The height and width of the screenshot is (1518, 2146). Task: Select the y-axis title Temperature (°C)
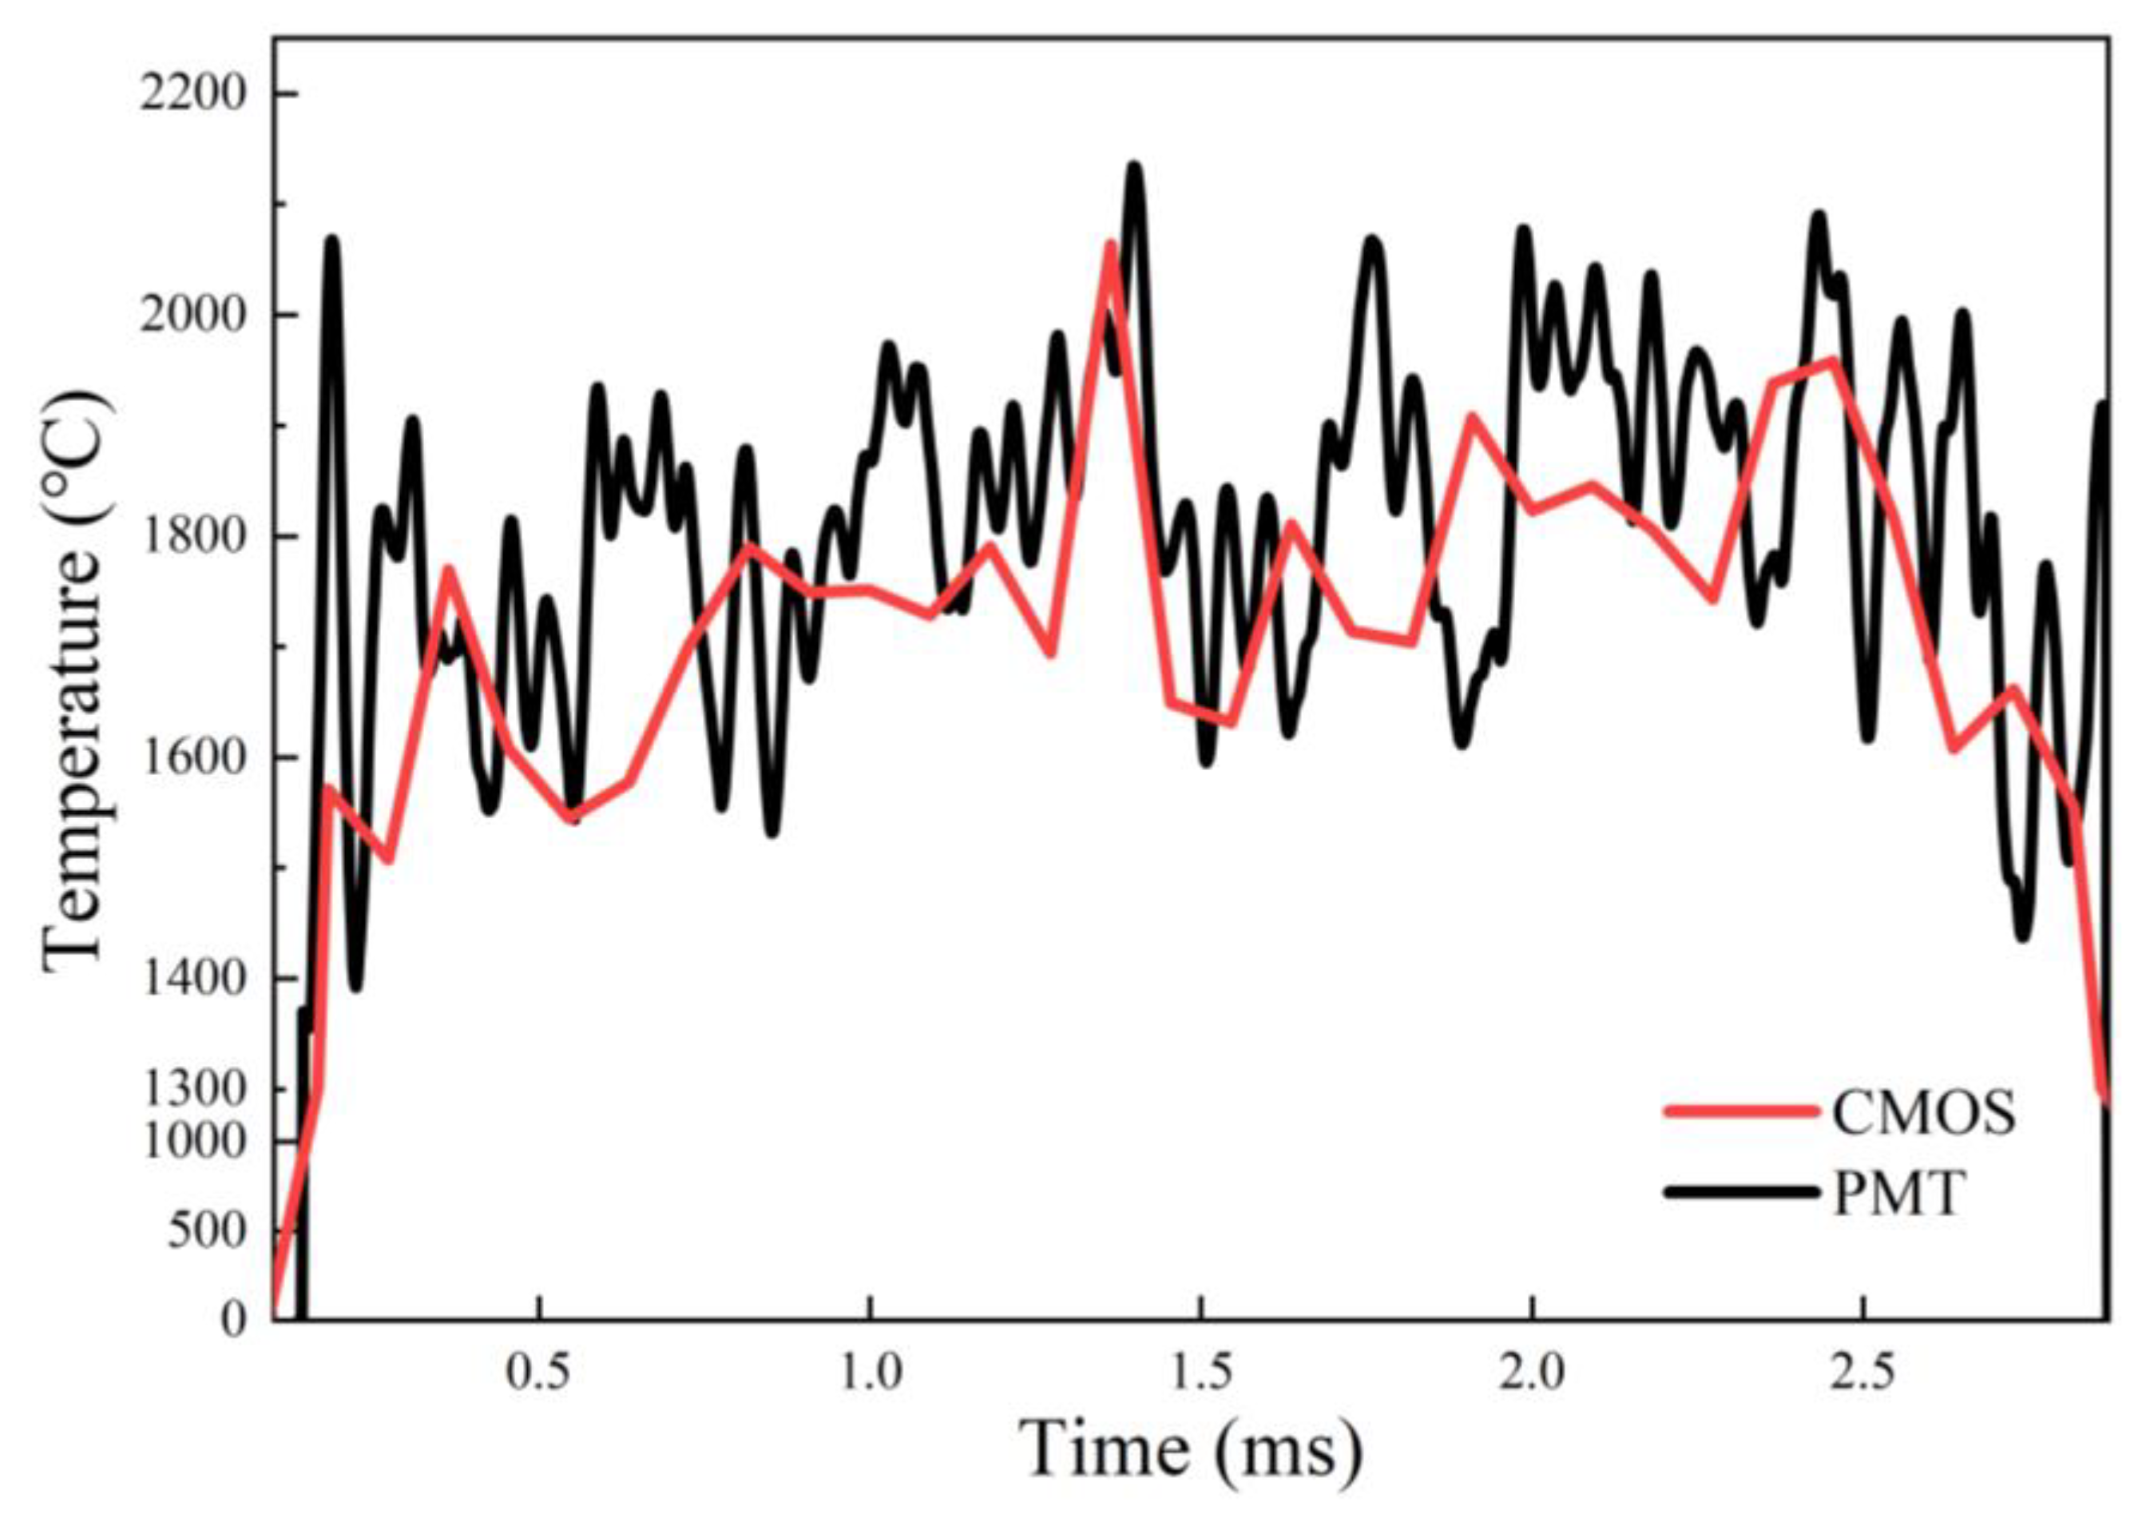click(x=75, y=682)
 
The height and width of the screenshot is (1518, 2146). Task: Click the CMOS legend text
click(x=1922, y=1112)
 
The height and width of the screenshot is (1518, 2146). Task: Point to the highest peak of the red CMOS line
click(x=1109, y=245)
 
